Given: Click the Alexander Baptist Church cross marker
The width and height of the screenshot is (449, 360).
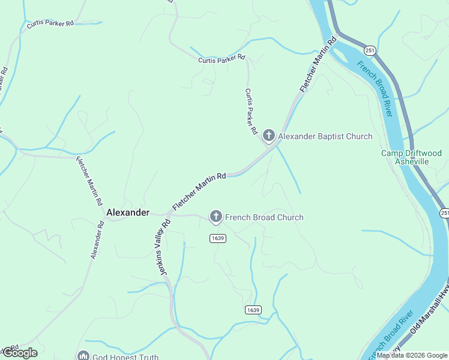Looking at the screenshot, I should [x=268, y=136].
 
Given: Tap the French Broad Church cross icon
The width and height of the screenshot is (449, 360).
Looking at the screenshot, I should [x=216, y=217].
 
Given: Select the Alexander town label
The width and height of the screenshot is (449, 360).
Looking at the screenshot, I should [x=127, y=212].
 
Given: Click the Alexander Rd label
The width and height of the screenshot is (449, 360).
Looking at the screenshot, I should [x=97, y=240].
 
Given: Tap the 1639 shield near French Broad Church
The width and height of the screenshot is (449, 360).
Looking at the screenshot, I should [x=217, y=238].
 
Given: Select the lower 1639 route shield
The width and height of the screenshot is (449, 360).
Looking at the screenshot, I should [x=253, y=310].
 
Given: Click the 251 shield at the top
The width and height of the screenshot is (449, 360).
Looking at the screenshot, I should [x=370, y=51].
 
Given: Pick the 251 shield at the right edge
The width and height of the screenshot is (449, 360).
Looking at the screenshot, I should [x=444, y=213].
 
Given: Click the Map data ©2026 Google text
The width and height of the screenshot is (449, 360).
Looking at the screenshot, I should [x=412, y=355].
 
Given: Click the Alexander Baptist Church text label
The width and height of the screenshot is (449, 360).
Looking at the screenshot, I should [x=325, y=136].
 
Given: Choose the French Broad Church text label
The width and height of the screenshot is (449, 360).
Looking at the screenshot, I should [x=265, y=217].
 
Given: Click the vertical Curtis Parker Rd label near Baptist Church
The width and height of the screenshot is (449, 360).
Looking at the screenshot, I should [x=250, y=112].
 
